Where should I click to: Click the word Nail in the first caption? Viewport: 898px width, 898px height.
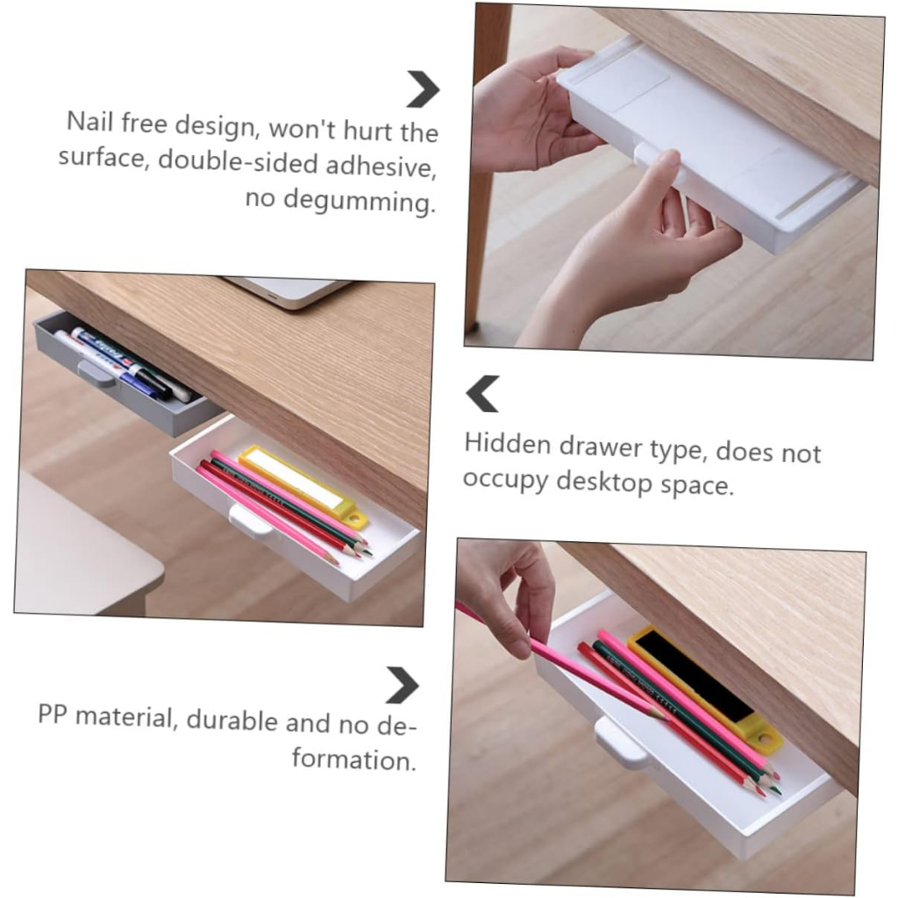point(89,121)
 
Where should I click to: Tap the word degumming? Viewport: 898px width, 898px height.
point(359,202)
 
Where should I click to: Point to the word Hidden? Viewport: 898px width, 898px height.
point(508,444)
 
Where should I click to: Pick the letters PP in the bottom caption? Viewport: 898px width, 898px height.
point(53,714)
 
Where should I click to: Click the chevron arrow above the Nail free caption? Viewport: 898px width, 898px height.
point(423,89)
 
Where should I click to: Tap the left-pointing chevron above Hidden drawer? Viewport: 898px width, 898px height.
point(483,394)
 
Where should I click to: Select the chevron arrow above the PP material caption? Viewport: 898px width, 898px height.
point(402,685)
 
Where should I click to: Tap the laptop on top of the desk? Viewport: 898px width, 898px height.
point(287,291)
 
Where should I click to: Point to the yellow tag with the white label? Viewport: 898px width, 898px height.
point(303,486)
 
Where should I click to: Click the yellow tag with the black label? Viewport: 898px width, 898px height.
point(705,688)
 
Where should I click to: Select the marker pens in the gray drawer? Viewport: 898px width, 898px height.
point(123,362)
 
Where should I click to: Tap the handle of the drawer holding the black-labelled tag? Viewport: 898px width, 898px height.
point(621,745)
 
